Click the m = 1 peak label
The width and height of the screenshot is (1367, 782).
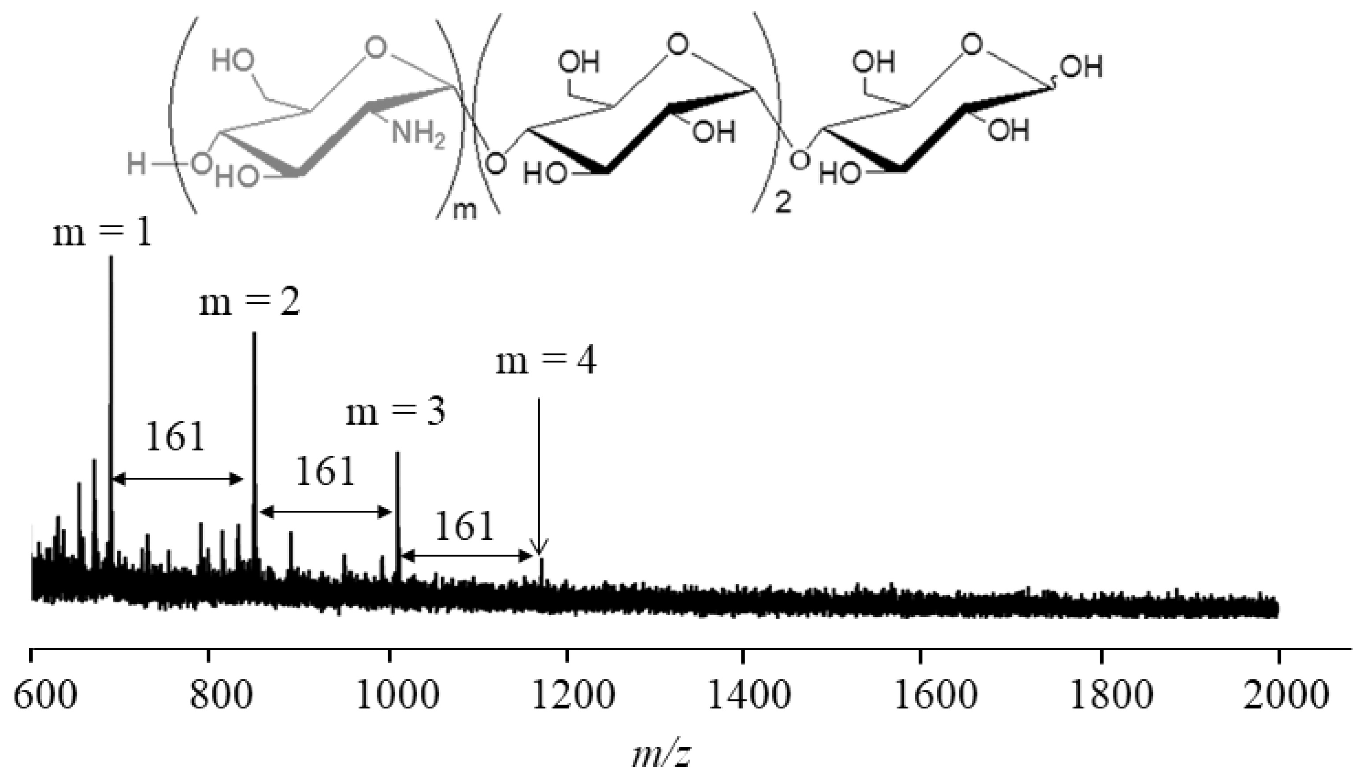click(x=102, y=235)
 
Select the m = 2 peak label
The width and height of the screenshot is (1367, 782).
click(x=249, y=303)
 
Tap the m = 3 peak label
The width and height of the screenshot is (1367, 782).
click(x=396, y=413)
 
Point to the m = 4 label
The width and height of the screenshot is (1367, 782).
click(x=545, y=361)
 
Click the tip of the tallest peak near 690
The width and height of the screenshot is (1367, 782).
click(x=111, y=258)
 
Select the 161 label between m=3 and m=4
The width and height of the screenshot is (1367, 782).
click(x=464, y=527)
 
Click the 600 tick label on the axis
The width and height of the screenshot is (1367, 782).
click(x=45, y=696)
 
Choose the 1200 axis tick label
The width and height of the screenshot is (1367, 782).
click(x=574, y=696)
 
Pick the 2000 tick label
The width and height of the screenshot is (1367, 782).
click(x=1286, y=696)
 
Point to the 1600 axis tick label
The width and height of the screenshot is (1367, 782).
click(x=936, y=696)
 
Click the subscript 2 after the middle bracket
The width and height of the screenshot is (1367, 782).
click(x=783, y=203)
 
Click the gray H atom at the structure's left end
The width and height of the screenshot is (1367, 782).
click(x=137, y=163)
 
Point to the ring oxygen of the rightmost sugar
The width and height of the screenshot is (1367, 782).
click(x=971, y=45)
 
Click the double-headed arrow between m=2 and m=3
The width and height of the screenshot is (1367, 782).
click(x=326, y=512)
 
